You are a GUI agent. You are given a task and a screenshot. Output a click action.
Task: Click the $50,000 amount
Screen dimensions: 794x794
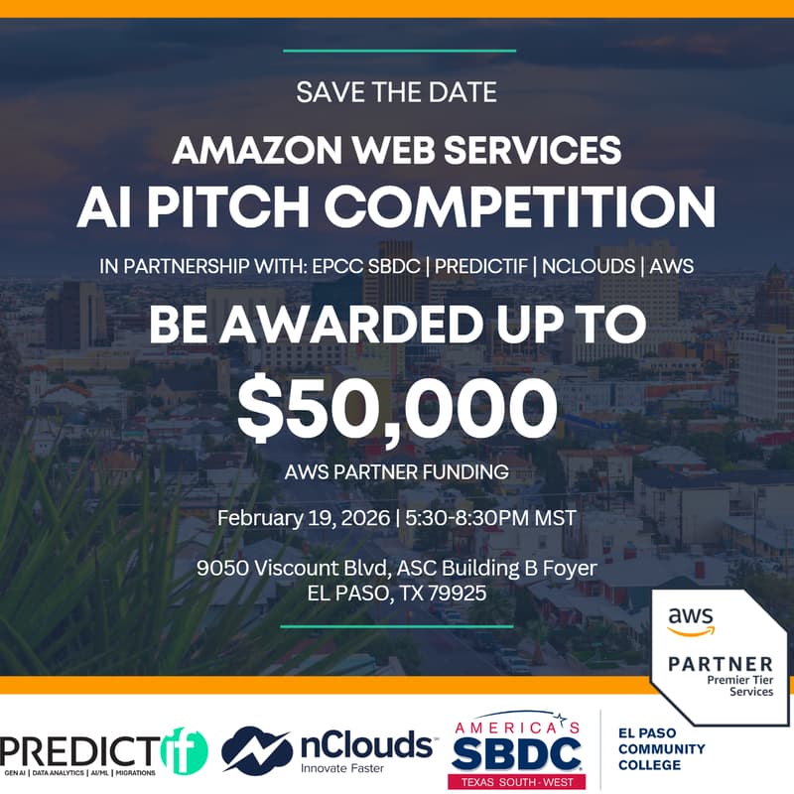[397, 409]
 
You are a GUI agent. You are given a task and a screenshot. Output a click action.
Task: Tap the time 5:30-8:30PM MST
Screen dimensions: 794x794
[486, 517]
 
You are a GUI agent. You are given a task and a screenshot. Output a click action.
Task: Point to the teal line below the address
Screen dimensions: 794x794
[397, 626]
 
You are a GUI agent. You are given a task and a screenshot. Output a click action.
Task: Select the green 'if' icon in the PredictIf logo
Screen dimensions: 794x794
[186, 749]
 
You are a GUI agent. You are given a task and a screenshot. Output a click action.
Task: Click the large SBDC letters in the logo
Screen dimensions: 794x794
[516, 751]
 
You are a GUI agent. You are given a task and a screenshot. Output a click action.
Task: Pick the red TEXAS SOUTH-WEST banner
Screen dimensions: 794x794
[516, 781]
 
